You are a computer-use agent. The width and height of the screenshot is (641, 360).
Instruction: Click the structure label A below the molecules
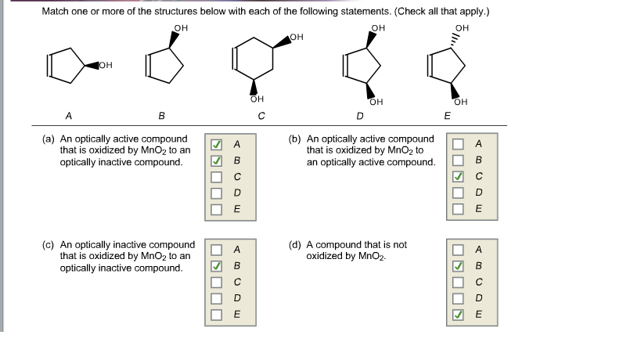(68, 115)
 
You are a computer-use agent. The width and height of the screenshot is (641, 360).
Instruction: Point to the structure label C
(260, 117)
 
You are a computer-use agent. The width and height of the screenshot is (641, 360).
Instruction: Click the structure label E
(446, 116)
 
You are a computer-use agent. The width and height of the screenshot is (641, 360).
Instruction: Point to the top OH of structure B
(181, 28)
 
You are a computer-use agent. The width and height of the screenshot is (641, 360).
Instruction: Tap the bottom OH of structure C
(254, 99)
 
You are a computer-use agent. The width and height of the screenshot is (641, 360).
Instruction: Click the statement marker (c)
(47, 245)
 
